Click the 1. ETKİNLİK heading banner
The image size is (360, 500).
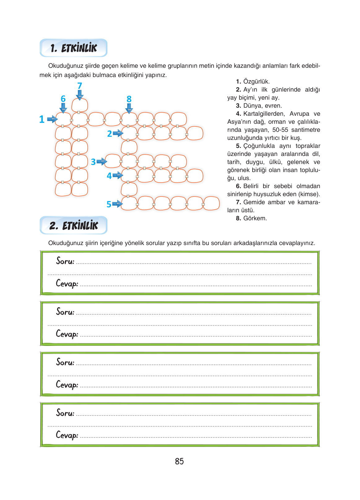pyautogui.click(x=73, y=48)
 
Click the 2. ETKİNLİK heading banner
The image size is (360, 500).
pyautogui.click(x=73, y=225)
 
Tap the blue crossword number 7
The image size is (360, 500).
pyautogui.click(x=80, y=86)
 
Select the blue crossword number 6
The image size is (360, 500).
pyautogui.click(x=63, y=99)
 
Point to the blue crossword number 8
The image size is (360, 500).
pyautogui.click(x=129, y=99)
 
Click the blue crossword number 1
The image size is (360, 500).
pyautogui.click(x=42, y=119)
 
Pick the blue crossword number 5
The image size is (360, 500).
pyautogui.click(x=109, y=204)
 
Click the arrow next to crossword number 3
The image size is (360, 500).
pyautogui.click(x=102, y=162)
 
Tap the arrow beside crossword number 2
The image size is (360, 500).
pyautogui.click(x=118, y=133)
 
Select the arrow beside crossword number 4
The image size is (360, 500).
pyautogui.click(x=118, y=175)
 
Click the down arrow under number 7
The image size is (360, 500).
pyautogui.click(x=80, y=95)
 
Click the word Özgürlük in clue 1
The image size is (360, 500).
pyautogui.click(x=256, y=81)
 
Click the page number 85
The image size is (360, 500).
pyautogui.click(x=179, y=461)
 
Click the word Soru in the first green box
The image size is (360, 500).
pyautogui.click(x=65, y=261)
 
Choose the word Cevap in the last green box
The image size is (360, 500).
pyautogui.click(x=67, y=435)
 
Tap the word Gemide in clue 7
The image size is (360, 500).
pyautogui.click(x=252, y=202)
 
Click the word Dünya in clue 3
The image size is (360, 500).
pyautogui.click(x=252, y=106)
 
